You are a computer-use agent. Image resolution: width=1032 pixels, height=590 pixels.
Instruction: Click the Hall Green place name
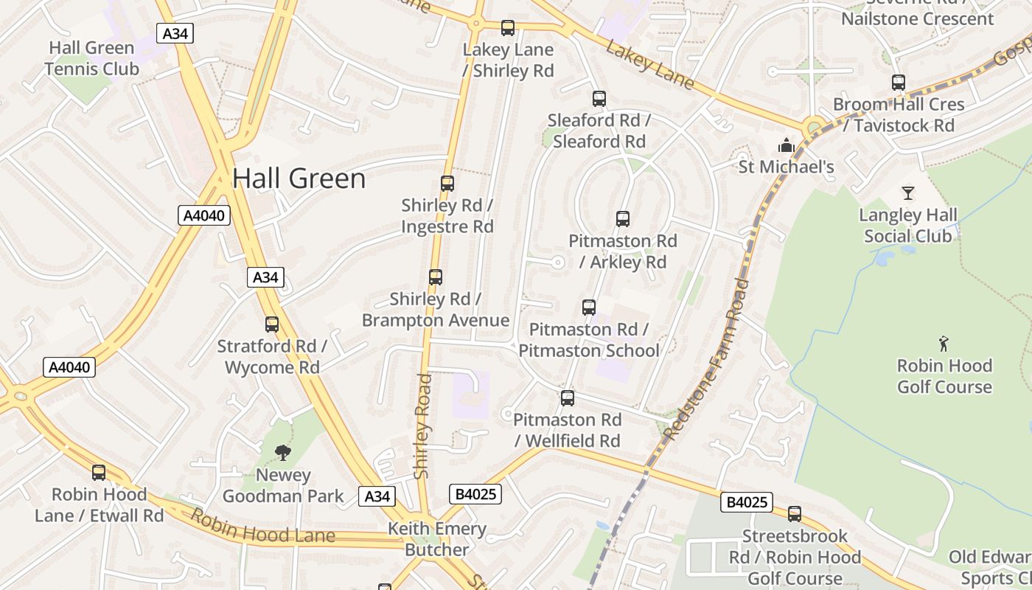pos(299,179)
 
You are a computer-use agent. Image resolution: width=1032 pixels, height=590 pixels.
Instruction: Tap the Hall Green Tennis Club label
pos(91,59)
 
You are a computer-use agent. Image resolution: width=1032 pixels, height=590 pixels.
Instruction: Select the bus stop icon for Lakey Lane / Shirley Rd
pos(508,28)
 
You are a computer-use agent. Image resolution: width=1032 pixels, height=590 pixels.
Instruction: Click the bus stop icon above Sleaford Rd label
pos(599,99)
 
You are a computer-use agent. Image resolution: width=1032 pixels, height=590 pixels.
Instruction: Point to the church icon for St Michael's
pos(787,146)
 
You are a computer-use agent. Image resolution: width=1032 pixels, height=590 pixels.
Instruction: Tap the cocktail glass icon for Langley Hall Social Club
pos(908,193)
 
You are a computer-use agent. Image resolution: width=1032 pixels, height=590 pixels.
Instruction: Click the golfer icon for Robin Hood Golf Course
pos(944,344)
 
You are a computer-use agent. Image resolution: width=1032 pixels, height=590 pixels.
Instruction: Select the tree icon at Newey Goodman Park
pos(282,453)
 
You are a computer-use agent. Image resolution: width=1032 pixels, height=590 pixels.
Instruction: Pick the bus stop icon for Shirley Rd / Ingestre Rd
pos(447,184)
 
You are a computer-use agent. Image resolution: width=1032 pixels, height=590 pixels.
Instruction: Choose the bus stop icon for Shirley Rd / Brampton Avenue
pos(436,277)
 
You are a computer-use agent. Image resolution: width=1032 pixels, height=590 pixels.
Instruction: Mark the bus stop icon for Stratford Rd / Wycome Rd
pos(272,324)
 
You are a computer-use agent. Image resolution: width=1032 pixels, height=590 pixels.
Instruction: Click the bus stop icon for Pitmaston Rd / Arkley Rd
pos(623,219)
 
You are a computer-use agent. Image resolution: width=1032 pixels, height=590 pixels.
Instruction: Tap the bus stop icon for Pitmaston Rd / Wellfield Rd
pos(568,398)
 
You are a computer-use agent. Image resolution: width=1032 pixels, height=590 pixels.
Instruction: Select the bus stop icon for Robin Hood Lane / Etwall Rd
pos(99,473)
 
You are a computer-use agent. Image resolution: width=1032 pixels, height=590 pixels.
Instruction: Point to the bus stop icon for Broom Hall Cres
pos(899,83)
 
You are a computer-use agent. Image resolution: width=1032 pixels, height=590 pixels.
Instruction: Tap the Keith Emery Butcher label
pos(437,539)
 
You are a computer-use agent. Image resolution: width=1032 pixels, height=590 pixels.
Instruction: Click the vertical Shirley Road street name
pos(422,426)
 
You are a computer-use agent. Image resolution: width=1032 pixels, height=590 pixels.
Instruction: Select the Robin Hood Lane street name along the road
pos(262,526)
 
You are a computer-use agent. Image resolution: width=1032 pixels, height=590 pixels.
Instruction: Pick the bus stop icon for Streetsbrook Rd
pos(795,514)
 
